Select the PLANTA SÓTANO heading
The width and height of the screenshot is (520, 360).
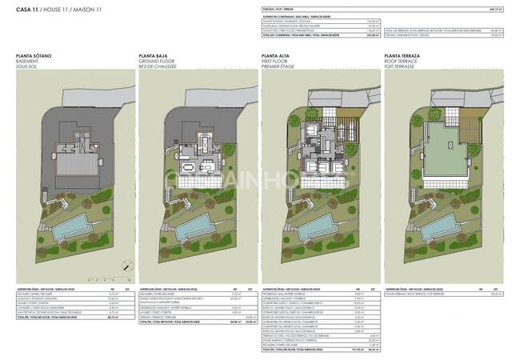[34, 57]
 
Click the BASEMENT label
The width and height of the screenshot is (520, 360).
[26, 62]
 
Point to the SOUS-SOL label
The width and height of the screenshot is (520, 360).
[26, 68]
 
